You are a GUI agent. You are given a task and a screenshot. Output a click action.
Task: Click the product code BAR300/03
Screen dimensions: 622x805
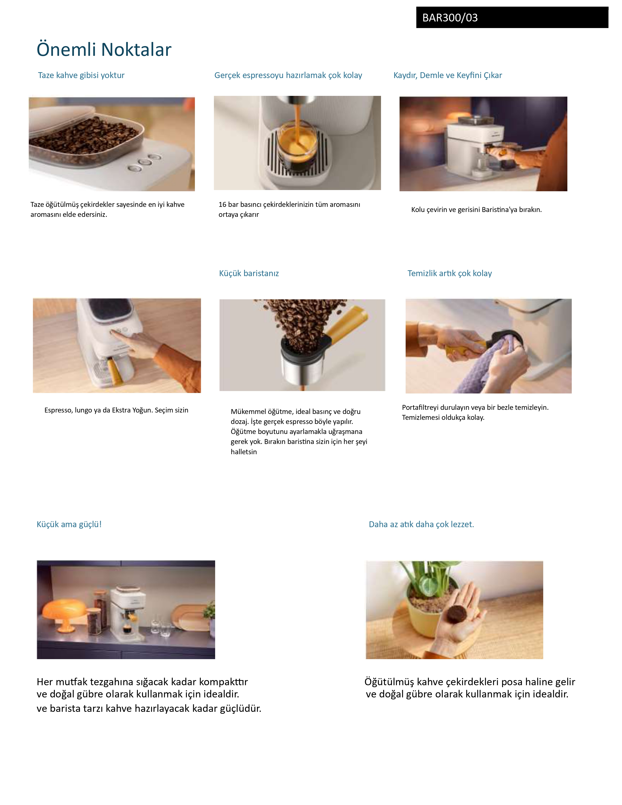click(x=450, y=18)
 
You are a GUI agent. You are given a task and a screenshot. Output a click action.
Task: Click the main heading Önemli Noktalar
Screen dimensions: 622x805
click(x=104, y=49)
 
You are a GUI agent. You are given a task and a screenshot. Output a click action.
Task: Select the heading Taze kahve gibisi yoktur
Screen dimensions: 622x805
click(x=81, y=75)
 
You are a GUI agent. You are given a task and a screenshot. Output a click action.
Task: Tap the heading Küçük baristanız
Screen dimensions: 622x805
click(x=249, y=273)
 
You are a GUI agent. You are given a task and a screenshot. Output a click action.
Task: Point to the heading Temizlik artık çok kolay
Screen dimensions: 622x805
click(x=450, y=273)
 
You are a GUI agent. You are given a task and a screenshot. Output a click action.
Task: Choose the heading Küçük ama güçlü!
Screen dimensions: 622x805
click(x=69, y=524)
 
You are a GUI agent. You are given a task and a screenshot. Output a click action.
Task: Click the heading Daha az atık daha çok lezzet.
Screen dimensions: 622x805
click(x=421, y=524)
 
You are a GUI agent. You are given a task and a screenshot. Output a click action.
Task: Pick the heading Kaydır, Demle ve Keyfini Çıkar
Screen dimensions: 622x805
click(x=448, y=75)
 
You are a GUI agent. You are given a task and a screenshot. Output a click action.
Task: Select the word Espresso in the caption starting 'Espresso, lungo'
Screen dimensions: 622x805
click(x=58, y=410)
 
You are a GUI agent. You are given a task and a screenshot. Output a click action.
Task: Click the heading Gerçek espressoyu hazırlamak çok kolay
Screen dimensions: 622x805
click(x=288, y=75)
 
